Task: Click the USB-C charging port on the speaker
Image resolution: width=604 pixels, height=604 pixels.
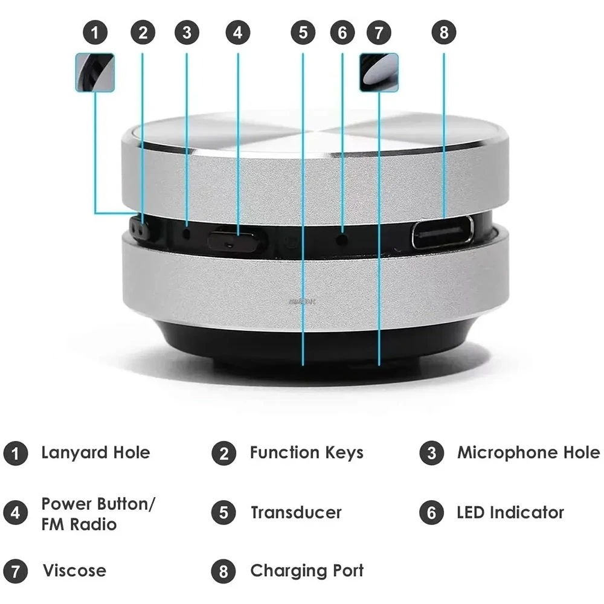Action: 443,232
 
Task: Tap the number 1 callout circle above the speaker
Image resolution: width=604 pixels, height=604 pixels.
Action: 95,33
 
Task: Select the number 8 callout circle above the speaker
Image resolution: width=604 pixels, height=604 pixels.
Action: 444,33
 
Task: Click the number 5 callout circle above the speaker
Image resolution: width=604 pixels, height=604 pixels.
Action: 303,33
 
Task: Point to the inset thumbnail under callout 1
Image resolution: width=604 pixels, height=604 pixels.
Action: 95,72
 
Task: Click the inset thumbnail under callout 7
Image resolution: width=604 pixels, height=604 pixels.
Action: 379,72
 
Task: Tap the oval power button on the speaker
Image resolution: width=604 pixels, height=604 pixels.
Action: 236,241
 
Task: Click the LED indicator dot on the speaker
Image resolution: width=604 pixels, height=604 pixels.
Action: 342,239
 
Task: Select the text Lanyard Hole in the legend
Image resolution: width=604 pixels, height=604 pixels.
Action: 95,452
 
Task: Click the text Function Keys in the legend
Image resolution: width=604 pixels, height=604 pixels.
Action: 306,452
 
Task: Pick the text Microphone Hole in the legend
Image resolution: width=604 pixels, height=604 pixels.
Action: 528,452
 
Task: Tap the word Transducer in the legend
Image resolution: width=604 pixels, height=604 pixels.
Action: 296,513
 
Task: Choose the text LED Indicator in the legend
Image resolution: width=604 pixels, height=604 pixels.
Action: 510,513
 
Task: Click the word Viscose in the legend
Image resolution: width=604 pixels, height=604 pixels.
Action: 74,570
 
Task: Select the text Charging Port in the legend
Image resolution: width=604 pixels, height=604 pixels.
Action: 307,570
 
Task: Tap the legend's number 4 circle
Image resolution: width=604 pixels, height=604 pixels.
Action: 15,513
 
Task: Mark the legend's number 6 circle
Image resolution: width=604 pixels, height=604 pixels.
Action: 431,513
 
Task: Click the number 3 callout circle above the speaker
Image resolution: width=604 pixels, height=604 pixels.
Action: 187,33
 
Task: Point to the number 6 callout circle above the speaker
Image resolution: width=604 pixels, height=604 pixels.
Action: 342,33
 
